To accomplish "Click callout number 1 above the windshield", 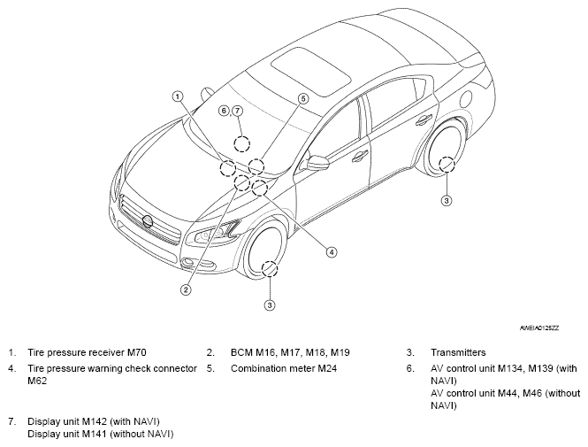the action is click(x=178, y=96).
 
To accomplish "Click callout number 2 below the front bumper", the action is click(x=186, y=289).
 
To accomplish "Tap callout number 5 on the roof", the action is click(x=303, y=99).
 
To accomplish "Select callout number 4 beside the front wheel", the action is click(x=331, y=252).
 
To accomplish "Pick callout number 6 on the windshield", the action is click(x=224, y=111).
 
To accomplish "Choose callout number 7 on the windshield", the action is click(x=237, y=111).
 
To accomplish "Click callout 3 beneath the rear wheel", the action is click(x=447, y=200).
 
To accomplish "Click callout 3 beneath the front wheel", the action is click(x=270, y=305).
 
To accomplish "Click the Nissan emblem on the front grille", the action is click(x=148, y=221).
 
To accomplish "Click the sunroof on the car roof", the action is click(x=311, y=72).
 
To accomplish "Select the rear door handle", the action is click(x=424, y=119).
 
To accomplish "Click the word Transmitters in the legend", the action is click(x=458, y=352).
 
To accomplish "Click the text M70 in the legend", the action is click(x=137, y=352).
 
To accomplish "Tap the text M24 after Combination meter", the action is click(x=327, y=368).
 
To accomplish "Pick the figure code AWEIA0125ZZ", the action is click(x=539, y=328).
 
